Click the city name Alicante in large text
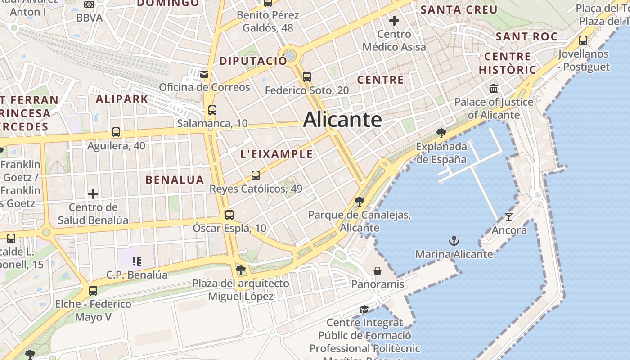342,120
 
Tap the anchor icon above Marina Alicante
454,241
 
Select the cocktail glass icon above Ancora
509,217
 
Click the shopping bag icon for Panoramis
378,271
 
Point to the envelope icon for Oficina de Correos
204,74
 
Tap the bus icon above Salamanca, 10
212,110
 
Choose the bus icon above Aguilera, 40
116,133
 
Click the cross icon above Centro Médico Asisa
394,21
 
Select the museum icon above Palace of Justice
494,88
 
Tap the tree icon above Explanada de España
441,133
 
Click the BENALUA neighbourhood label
175,180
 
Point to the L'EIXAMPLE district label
276,154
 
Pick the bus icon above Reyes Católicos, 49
256,175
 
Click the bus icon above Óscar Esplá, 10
229,215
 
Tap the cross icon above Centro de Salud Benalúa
93,194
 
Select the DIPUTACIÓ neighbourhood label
253,61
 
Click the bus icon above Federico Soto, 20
307,77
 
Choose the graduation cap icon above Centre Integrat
364,310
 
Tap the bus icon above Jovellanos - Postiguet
583,40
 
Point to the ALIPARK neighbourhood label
122,99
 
